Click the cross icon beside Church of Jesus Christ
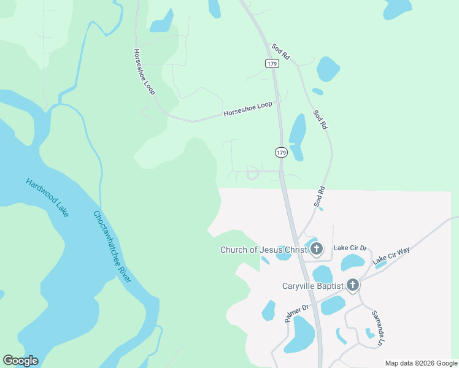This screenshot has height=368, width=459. click(x=317, y=249)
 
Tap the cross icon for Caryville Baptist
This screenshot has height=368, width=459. click(x=352, y=285)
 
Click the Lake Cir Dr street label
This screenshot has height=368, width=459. click(x=350, y=248)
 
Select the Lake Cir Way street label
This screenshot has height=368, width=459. click(x=391, y=255)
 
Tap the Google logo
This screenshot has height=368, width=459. click(x=20, y=361)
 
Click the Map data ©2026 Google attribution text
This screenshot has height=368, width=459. click(x=420, y=363)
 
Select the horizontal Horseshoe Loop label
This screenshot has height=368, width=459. click(x=247, y=109)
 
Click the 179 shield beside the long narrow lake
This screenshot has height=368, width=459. click(x=281, y=152)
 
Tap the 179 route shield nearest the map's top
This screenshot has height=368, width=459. click(x=272, y=63)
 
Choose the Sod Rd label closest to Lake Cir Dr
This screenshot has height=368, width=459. click(x=318, y=196)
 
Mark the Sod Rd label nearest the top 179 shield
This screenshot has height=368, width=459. click(x=280, y=52)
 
